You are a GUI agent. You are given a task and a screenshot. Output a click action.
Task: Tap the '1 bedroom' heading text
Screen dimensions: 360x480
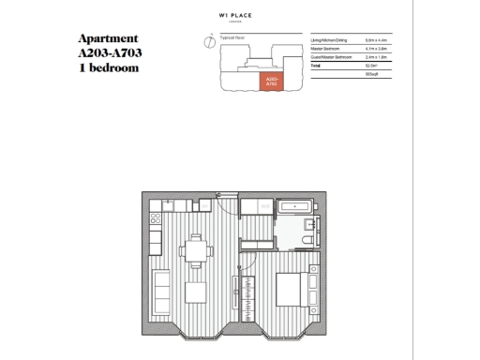pos(109,68)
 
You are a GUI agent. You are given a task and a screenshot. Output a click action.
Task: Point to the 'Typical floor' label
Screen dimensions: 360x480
pos(232,37)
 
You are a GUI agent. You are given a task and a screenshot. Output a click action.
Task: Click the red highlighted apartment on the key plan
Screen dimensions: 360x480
pos(272,82)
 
